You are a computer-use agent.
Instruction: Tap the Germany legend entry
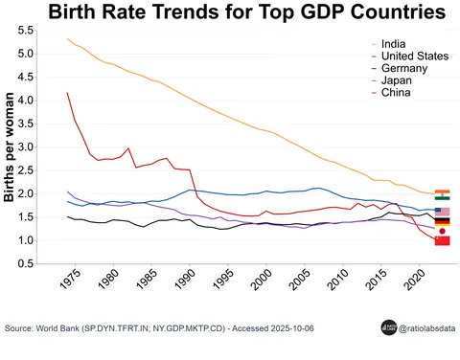(x=402, y=69)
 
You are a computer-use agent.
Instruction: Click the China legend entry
(x=396, y=94)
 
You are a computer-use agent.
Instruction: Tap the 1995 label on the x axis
(x=219, y=284)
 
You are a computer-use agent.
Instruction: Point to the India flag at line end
(x=442, y=194)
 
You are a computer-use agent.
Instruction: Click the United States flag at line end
(x=442, y=211)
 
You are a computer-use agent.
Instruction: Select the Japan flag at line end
(x=442, y=231)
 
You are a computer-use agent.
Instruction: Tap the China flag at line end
(x=442, y=241)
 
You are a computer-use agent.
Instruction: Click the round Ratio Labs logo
(x=389, y=326)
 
